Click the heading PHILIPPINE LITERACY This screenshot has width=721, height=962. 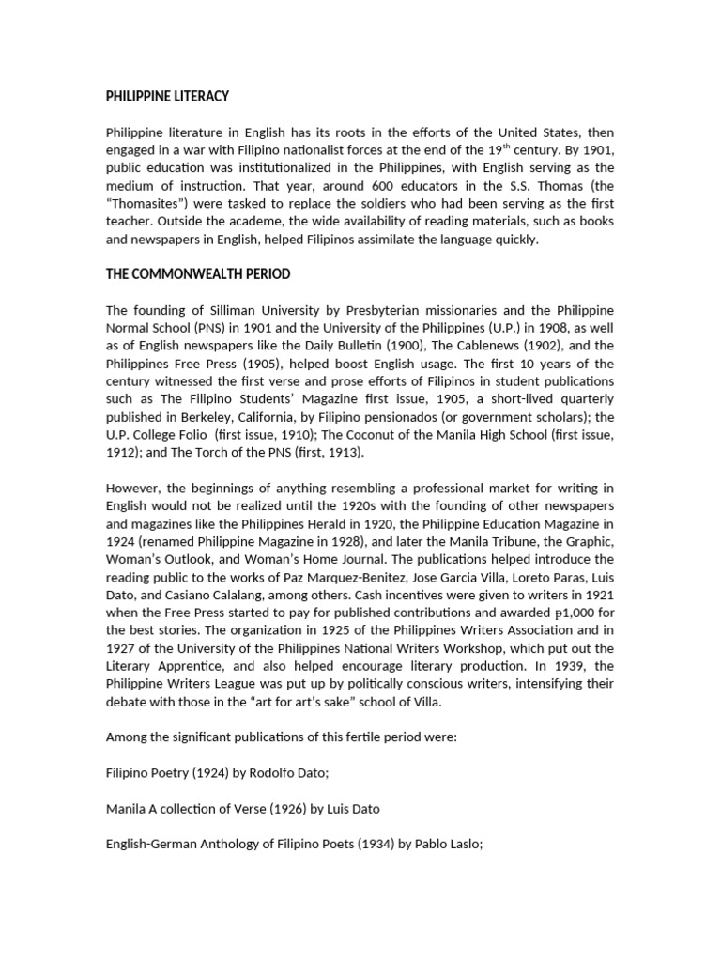tap(167, 97)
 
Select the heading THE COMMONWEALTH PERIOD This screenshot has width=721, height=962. tap(198, 274)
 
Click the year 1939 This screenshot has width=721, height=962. tap(583, 666)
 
